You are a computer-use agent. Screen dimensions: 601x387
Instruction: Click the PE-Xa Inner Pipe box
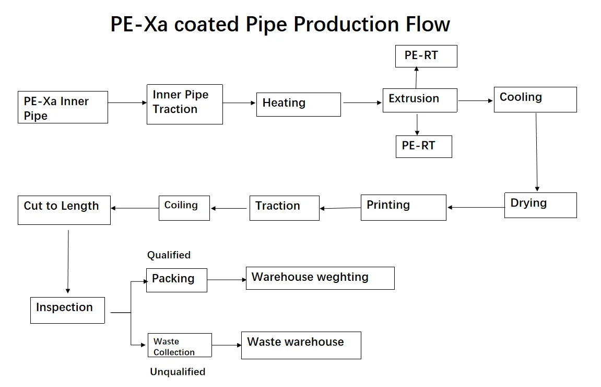[63, 107]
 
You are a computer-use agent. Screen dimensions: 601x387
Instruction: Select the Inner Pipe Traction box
[185, 104]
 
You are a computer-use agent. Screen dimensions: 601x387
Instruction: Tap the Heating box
[299, 105]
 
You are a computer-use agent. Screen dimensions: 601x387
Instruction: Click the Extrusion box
[420, 100]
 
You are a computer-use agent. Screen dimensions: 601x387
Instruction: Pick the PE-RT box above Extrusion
[426, 56]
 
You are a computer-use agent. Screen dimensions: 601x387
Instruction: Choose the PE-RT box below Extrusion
[424, 146]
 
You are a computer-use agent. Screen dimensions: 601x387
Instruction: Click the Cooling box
[535, 99]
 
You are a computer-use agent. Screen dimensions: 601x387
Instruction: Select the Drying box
[541, 205]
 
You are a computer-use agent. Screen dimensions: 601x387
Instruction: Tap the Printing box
[404, 207]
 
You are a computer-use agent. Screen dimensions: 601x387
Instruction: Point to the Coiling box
[184, 208]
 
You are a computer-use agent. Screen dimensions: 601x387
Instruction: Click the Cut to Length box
[64, 210]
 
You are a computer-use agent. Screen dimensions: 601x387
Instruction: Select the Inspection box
[67, 310]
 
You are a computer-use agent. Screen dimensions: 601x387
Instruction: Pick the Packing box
[176, 280]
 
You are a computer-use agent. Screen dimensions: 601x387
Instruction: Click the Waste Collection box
[180, 345]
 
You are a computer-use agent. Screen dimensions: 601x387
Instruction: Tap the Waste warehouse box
[301, 345]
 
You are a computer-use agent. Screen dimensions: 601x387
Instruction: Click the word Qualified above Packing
[169, 255]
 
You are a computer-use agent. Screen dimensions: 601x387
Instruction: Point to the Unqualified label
[178, 372]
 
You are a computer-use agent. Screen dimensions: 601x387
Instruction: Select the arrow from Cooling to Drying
[537, 152]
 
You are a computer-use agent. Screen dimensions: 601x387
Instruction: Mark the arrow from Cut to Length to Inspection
[68, 262]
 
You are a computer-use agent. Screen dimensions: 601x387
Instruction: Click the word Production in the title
[347, 24]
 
